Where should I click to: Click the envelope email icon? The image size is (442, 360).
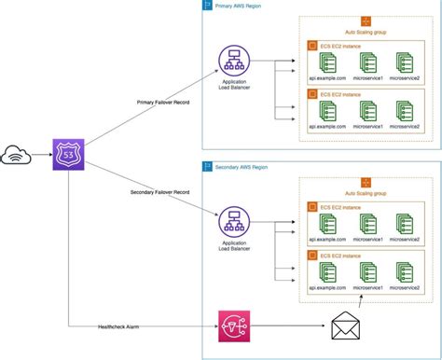pyautogui.click(x=346, y=327)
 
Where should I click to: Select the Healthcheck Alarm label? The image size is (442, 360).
pyautogui.click(x=119, y=325)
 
